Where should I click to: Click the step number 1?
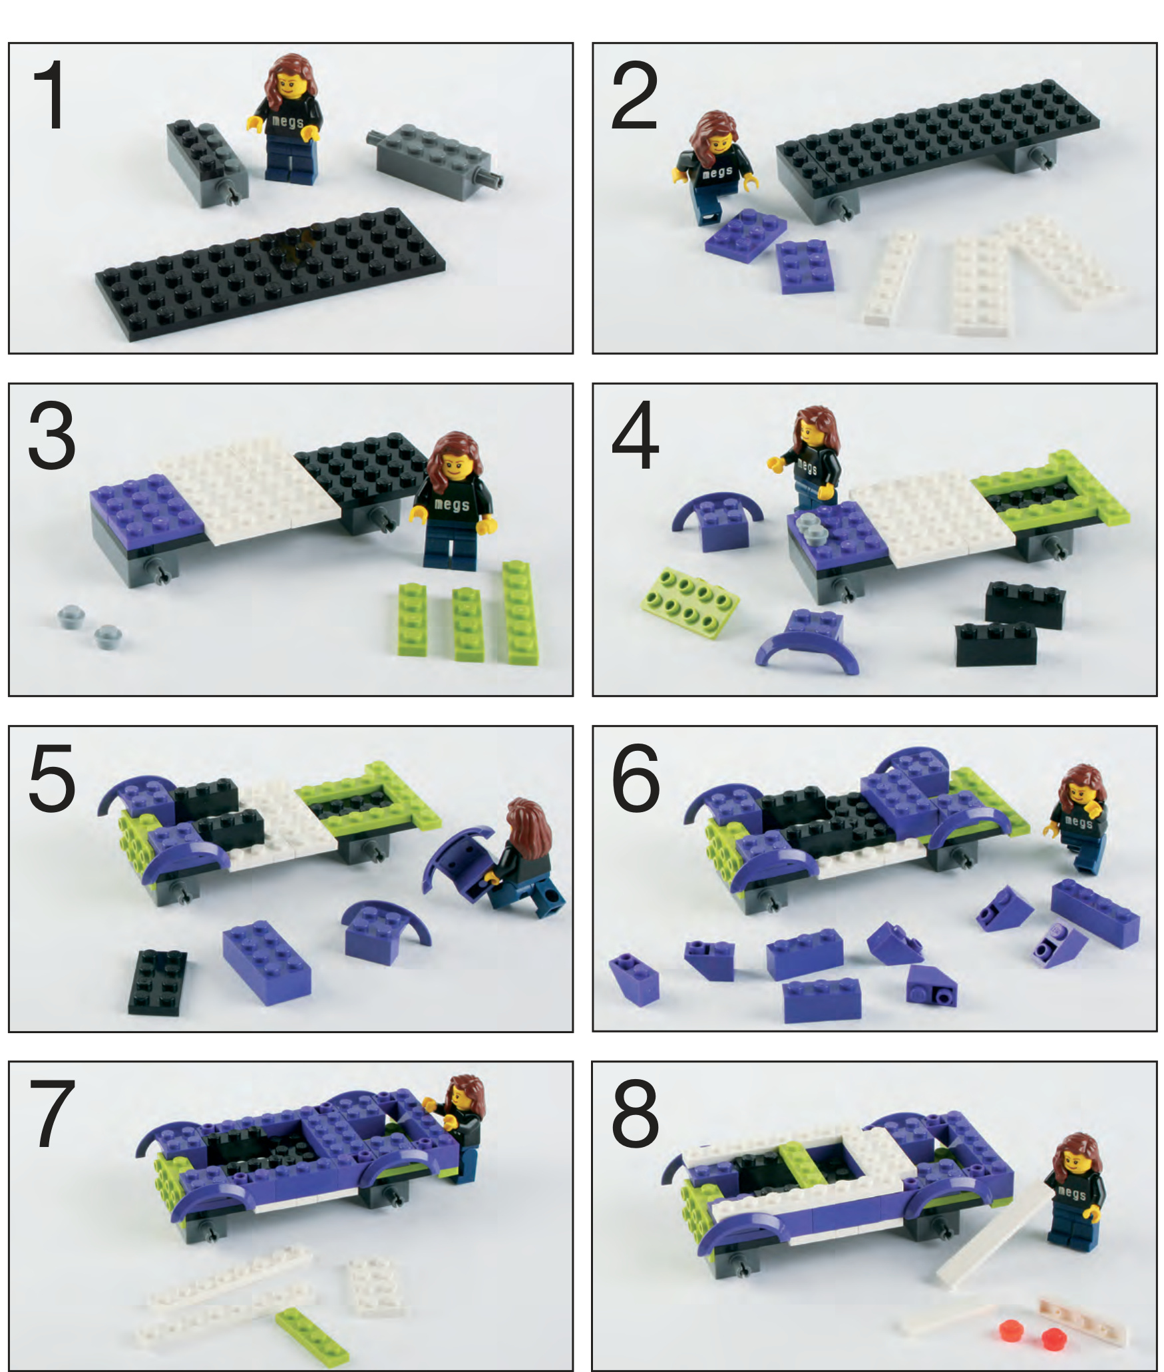[49, 95]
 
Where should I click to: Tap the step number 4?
[635, 436]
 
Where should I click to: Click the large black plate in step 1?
[270, 274]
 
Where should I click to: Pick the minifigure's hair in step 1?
[288, 83]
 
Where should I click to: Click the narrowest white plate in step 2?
[889, 278]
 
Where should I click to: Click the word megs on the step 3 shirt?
[452, 505]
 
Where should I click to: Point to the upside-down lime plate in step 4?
[690, 602]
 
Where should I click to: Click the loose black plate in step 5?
[158, 983]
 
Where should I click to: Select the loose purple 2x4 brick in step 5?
[266, 962]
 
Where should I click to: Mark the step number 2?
[635, 95]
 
